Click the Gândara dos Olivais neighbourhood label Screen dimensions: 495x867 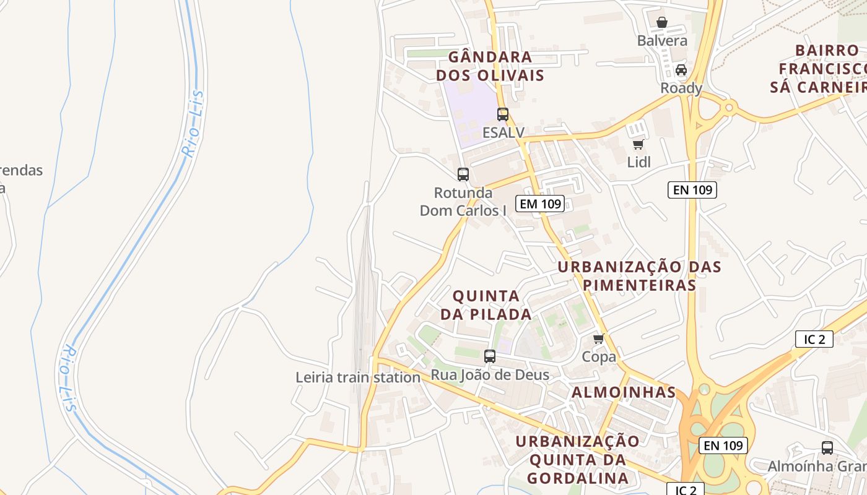[x=490, y=66]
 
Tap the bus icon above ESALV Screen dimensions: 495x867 [x=503, y=114]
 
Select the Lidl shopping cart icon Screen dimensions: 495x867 [x=638, y=145]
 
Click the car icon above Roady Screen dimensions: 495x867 [x=681, y=70]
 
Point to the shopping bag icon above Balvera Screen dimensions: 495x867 [x=662, y=23]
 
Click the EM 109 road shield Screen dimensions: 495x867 [x=540, y=204]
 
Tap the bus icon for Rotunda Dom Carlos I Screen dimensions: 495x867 [x=463, y=174]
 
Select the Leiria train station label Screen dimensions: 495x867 [x=358, y=377]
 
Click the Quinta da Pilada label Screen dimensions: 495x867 [x=486, y=304]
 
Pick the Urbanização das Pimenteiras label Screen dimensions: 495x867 [x=640, y=276]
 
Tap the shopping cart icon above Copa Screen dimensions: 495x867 [x=599, y=339]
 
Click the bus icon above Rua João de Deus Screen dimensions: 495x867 [x=490, y=356]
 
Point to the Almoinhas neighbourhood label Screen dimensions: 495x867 [x=624, y=392]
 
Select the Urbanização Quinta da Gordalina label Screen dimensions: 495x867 [x=578, y=460]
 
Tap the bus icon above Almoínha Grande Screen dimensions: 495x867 [x=827, y=448]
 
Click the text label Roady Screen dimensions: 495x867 [x=681, y=88]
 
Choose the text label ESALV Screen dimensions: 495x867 [x=503, y=132]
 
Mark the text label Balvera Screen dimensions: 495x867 [x=663, y=41]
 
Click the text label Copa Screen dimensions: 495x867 [x=599, y=357]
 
